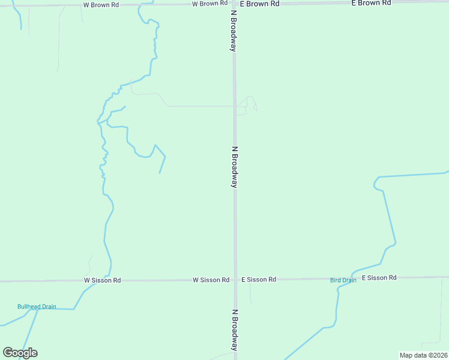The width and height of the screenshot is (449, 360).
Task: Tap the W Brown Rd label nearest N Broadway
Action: pyautogui.click(x=209, y=4)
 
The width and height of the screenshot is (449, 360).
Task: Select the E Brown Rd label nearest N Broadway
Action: pyautogui.click(x=260, y=4)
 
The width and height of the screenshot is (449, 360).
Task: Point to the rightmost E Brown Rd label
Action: pyautogui.click(x=371, y=3)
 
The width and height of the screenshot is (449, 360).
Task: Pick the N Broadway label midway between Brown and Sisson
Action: pyautogui.click(x=235, y=167)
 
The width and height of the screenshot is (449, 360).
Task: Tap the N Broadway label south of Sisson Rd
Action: pyautogui.click(x=235, y=331)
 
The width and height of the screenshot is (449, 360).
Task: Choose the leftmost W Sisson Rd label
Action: pyautogui.click(x=102, y=280)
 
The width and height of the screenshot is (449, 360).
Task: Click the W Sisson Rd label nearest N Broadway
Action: pyautogui.click(x=211, y=280)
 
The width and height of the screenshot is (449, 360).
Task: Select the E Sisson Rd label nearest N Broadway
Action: pyautogui.click(x=259, y=280)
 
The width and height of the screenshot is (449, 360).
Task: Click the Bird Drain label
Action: pyautogui.click(x=343, y=280)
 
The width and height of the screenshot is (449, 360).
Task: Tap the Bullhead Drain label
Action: pyautogui.click(x=37, y=307)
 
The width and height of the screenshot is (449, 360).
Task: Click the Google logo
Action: pyautogui.click(x=20, y=353)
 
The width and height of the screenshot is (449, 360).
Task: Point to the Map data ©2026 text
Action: pyautogui.click(x=423, y=355)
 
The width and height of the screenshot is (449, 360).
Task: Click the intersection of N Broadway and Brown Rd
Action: pyautogui.click(x=234, y=4)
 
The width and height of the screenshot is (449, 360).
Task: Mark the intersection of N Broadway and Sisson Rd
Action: pyautogui.click(x=235, y=280)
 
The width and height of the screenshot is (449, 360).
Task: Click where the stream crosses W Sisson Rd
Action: pyautogui.click(x=109, y=280)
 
